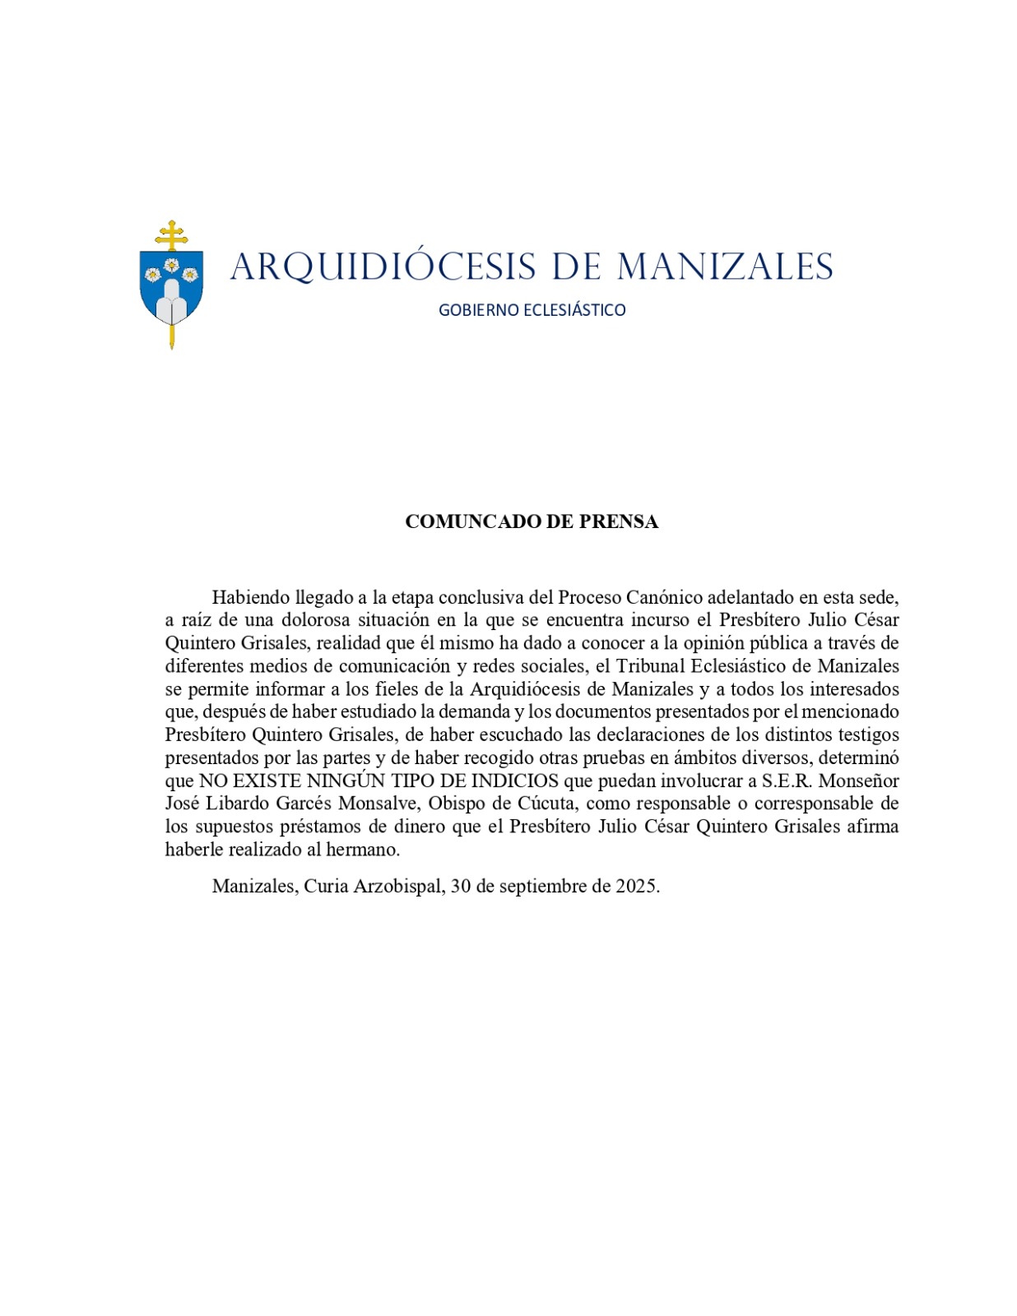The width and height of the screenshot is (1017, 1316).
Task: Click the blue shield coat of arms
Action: (x=171, y=287)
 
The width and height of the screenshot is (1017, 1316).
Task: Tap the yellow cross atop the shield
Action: (x=171, y=234)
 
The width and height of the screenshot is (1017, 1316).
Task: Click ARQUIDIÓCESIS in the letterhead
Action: (x=383, y=267)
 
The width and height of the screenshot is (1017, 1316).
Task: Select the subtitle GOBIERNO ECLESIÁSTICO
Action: (x=532, y=310)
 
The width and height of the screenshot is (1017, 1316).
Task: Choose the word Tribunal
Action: (x=651, y=666)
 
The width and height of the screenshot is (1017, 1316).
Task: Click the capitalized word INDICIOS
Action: (x=515, y=781)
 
